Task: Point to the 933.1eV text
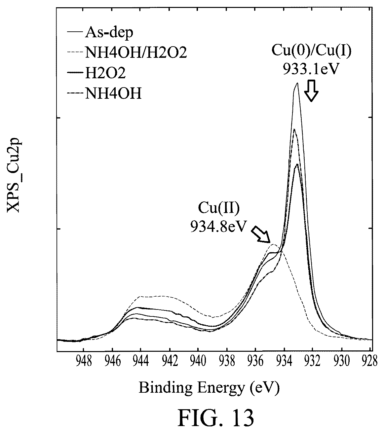click(x=311, y=69)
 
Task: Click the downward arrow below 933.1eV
click(x=311, y=90)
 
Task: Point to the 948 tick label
click(x=84, y=361)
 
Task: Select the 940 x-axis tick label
click(x=198, y=361)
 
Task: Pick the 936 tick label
click(x=255, y=361)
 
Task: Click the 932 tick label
click(x=313, y=361)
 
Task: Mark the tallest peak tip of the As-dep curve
click(x=297, y=83)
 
